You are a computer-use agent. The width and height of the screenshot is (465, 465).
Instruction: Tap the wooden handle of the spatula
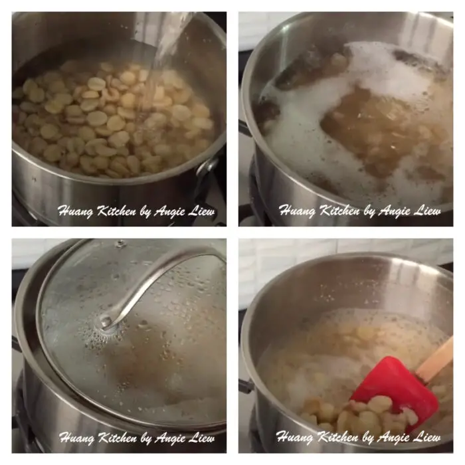(x=436, y=359)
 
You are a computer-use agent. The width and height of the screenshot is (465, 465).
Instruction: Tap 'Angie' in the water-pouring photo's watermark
(x=171, y=211)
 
